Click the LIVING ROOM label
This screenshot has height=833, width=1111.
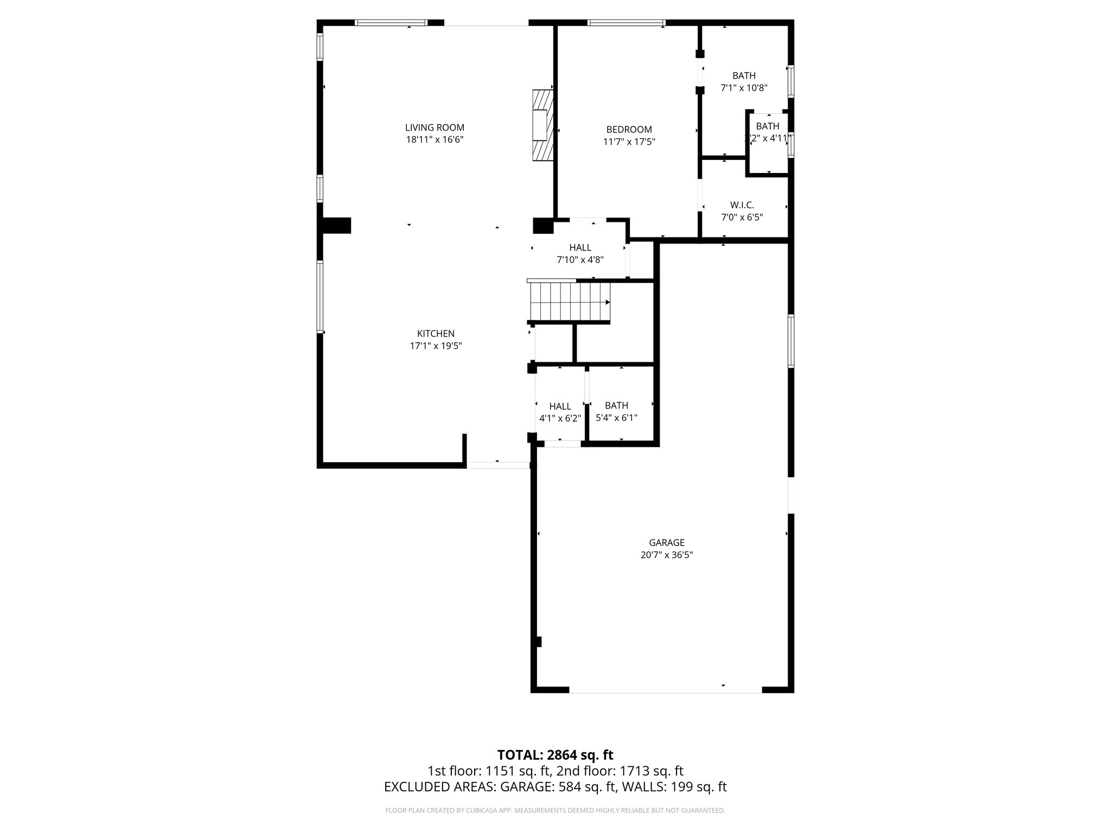click(x=435, y=128)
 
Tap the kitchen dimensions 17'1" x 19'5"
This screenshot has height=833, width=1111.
click(x=436, y=346)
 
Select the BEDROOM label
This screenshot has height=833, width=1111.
click(x=629, y=130)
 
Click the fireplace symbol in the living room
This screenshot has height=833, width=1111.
click(x=542, y=125)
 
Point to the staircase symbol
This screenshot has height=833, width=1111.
click(x=570, y=303)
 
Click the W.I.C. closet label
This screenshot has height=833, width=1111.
click(x=742, y=205)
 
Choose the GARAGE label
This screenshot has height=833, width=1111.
click(x=667, y=543)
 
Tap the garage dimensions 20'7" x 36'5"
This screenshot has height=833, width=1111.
click(x=667, y=555)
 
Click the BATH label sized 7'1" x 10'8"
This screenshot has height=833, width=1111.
click(x=744, y=76)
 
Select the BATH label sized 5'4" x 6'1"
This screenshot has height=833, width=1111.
click(x=616, y=406)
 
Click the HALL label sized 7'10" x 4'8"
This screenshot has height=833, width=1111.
click(x=580, y=248)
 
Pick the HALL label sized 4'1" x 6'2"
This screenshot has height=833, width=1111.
click(x=560, y=407)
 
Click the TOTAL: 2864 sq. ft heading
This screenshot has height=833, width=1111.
click(x=555, y=755)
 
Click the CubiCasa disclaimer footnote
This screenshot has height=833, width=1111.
click(x=555, y=811)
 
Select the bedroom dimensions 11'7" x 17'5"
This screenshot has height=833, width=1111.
click(x=629, y=142)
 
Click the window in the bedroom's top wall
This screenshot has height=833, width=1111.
click(x=626, y=23)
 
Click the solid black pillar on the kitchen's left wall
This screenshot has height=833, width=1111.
click(x=336, y=226)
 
